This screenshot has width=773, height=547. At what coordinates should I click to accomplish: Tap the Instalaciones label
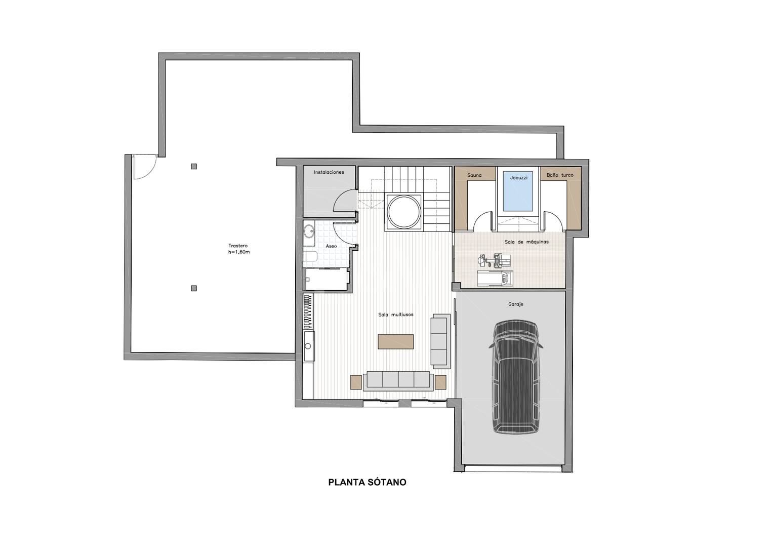click(x=329, y=172)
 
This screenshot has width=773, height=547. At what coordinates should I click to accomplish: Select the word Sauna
click(x=474, y=175)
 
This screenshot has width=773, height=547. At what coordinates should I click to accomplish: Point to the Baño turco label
click(x=560, y=175)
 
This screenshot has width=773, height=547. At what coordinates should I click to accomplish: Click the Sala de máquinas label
click(x=526, y=242)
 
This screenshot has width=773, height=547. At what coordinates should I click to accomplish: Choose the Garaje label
click(x=516, y=304)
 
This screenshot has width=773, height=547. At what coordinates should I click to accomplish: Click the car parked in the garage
click(x=516, y=376)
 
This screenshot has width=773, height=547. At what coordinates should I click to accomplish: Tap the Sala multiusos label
click(x=396, y=315)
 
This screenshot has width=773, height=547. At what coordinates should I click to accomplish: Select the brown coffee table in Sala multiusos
click(x=396, y=341)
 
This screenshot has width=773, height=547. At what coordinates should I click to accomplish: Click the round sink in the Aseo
click(x=309, y=230)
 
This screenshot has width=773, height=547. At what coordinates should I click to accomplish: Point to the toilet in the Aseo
click(x=311, y=257)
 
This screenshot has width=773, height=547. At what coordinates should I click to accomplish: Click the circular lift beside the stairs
click(x=404, y=212)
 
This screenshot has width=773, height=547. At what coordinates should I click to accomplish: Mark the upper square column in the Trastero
click(x=194, y=167)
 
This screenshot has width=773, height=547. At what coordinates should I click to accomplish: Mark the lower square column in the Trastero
click(x=194, y=288)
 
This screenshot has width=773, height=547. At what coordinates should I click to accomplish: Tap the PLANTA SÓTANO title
click(x=367, y=482)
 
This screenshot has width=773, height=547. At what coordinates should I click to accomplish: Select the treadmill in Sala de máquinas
click(x=495, y=279)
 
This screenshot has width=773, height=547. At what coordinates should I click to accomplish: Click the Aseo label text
click(x=331, y=246)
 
